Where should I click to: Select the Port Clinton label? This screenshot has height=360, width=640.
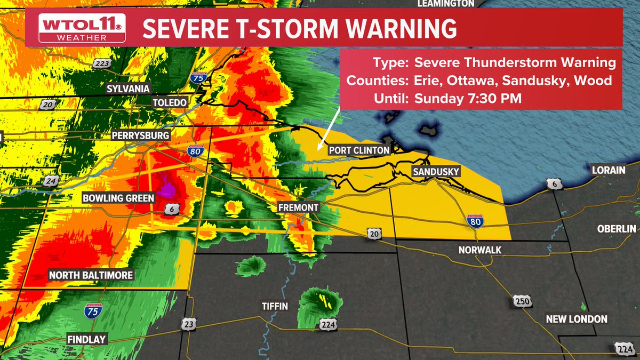click(358, 150)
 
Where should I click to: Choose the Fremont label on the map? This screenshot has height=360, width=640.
click(299, 207)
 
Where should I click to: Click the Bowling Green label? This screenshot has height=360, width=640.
click(118, 198)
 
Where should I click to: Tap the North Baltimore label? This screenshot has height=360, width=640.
click(91, 276)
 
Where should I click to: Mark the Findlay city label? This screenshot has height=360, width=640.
click(86, 339)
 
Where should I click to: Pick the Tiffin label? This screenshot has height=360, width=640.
click(275, 306)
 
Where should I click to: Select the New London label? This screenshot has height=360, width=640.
click(577, 319)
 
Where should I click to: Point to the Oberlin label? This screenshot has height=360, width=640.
click(616, 228)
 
